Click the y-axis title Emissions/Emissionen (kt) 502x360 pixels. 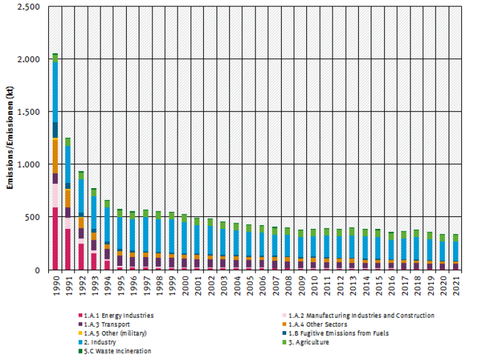coord(9,138)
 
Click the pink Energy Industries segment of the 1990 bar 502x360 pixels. coord(55,238)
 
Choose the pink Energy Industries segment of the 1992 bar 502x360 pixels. coord(81,257)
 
